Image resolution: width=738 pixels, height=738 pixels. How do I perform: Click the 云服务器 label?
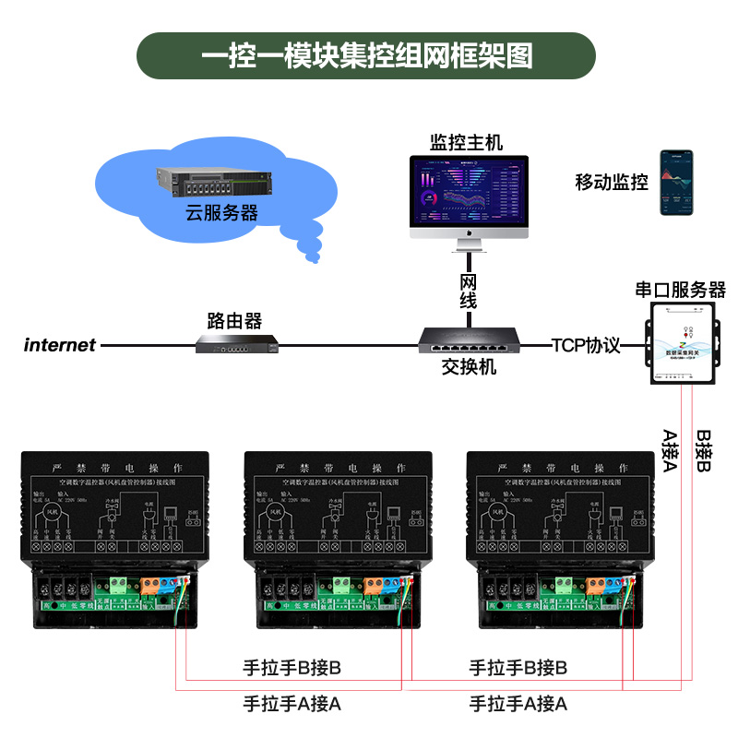pyautogui.click(x=221, y=213)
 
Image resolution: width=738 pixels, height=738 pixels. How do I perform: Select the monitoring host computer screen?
pyautogui.click(x=470, y=192)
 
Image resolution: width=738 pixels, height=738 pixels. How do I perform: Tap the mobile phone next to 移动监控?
pyautogui.click(x=675, y=184)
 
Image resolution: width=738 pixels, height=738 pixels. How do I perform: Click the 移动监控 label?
pyautogui.click(x=612, y=182)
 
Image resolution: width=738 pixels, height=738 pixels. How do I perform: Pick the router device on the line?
pyautogui.click(x=238, y=345)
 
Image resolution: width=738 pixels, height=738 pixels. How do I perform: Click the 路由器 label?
pyautogui.click(x=234, y=321)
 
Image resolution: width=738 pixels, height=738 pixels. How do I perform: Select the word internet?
pyautogui.click(x=60, y=346)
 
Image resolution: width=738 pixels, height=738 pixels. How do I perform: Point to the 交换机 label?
pyautogui.click(x=469, y=367)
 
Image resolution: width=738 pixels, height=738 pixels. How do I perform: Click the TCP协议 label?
pyautogui.click(x=586, y=346)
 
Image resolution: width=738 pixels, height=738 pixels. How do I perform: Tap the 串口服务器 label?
pyautogui.click(x=681, y=290)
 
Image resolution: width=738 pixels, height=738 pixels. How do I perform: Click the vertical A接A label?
pyautogui.click(x=671, y=450)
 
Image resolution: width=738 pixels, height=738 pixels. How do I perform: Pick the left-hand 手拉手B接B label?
pyautogui.click(x=292, y=667)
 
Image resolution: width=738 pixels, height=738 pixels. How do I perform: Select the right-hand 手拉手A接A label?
pyautogui.click(x=518, y=704)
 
